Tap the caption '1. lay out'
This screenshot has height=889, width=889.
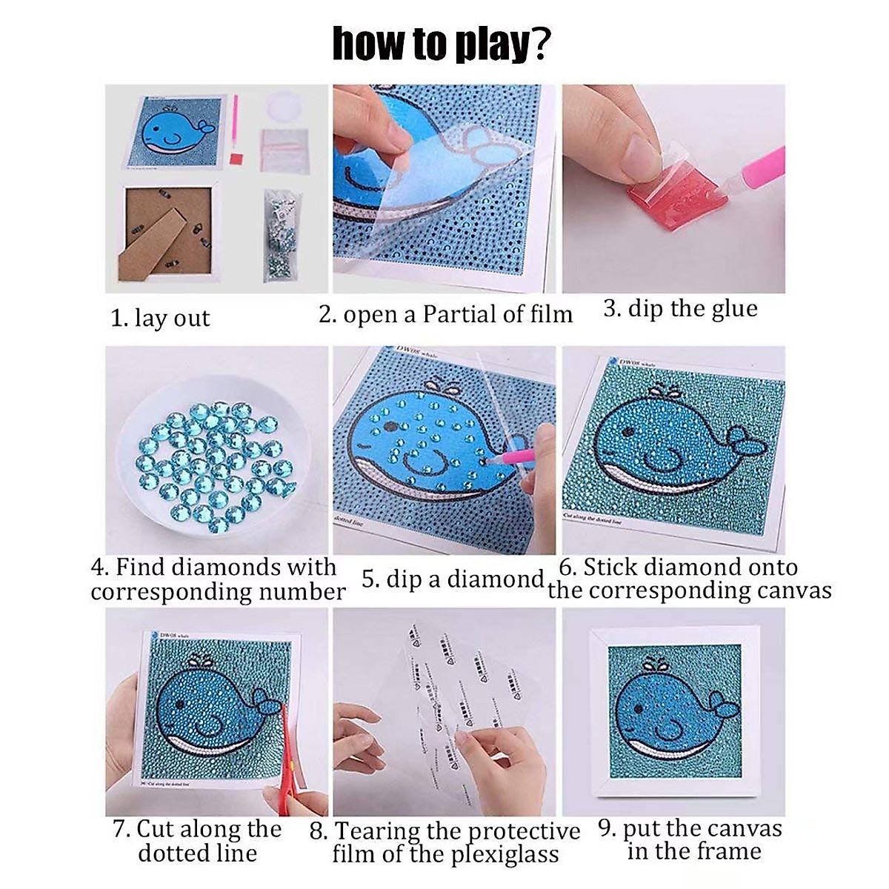pyautogui.click(x=160, y=318)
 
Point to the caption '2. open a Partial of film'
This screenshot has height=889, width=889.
pyautogui.click(x=446, y=314)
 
